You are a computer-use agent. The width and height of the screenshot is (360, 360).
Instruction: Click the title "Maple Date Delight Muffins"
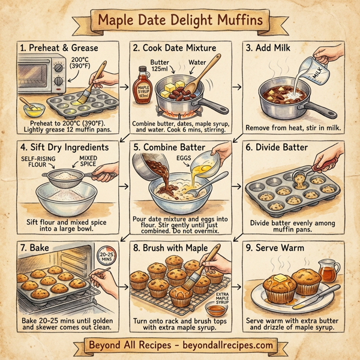click(x=180, y=20)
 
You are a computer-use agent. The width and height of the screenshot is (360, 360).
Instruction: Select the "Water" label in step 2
click(x=197, y=61)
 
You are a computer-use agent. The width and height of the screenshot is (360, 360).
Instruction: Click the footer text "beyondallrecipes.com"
click(x=227, y=346)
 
